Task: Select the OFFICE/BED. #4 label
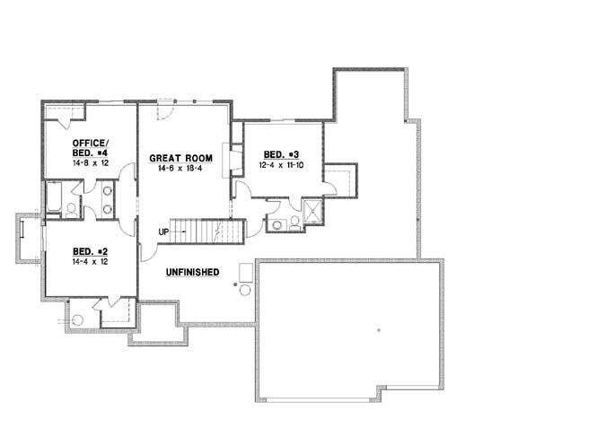pos(90,148)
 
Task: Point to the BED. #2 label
pos(90,252)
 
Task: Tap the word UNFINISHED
pos(193,271)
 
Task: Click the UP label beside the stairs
pos(164,232)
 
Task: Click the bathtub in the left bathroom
pos(53,197)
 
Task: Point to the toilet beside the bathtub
pos(71,208)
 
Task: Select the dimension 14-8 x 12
pos(90,163)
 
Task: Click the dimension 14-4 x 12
pos(90,262)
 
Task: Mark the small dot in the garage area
pos(379,331)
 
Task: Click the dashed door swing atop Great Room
pos(163,112)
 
